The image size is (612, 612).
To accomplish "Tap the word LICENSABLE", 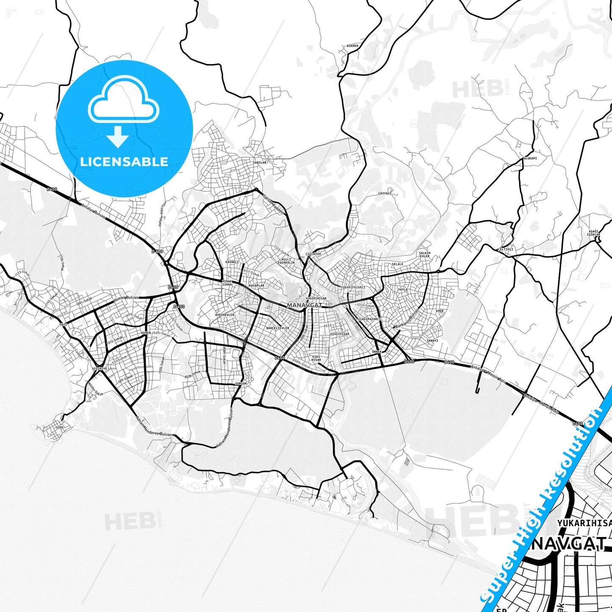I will click(x=124, y=161).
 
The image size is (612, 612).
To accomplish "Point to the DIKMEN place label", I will click(x=352, y=46).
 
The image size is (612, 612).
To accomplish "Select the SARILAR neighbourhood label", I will click(x=260, y=162).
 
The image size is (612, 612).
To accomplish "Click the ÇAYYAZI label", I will click(x=385, y=193).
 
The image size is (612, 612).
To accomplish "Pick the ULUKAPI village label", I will click(x=530, y=158).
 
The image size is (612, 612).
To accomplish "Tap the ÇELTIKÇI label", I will click(x=505, y=249).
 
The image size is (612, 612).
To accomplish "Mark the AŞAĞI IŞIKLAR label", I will click(x=594, y=233).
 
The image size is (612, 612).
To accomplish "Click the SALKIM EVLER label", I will click(x=424, y=255).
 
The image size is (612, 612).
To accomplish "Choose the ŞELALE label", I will click(x=398, y=264).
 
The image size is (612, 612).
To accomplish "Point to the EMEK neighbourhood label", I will click(x=440, y=311).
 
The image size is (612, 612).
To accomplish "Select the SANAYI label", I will click(x=432, y=341).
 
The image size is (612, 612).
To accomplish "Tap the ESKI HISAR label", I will click(x=316, y=358).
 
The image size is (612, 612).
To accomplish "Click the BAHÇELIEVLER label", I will click(x=277, y=328).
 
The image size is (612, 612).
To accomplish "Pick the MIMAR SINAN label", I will click(x=227, y=283).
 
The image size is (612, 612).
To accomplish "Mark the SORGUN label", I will click(x=241, y=383).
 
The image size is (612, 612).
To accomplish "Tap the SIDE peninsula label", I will click(x=59, y=427).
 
